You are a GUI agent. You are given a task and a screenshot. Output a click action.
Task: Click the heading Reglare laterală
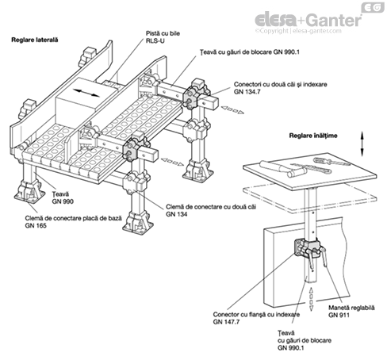[35, 40]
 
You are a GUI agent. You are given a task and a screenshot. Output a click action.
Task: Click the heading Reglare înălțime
[313, 136]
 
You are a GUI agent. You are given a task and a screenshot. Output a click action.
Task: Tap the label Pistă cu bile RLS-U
[163, 37]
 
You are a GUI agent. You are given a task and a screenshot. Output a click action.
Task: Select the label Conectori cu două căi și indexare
[281, 84]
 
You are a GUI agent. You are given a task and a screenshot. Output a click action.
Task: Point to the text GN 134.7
[247, 92]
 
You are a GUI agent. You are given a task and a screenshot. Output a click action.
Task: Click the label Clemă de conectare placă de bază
[74, 218]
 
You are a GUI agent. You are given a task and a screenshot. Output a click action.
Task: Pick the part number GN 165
[36, 225]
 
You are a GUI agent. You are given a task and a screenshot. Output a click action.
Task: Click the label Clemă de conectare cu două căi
[211, 207]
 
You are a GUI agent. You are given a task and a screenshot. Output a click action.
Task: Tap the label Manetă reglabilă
[351, 308]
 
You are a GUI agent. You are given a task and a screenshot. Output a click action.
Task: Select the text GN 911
[339, 315]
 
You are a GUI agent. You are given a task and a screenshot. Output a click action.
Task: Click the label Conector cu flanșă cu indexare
[256, 315]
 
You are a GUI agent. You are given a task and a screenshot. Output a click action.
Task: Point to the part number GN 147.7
[226, 322]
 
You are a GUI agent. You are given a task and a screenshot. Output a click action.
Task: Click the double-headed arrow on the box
[86, 93]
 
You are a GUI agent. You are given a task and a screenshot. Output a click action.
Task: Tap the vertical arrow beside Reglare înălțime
[362, 144]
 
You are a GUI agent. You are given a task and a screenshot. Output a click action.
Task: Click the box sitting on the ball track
[86, 101]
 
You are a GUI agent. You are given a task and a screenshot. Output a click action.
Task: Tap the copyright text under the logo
[298, 31]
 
